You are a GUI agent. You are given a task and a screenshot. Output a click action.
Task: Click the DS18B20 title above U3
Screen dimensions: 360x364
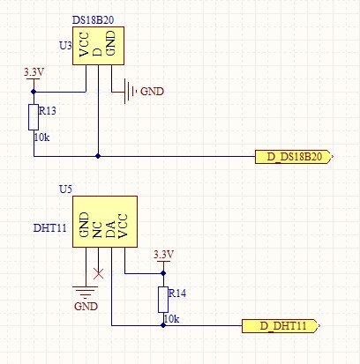(x=93, y=20)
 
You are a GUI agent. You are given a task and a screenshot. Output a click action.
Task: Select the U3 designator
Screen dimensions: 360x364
(x=65, y=46)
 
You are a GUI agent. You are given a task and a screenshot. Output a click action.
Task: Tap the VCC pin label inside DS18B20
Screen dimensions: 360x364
(x=84, y=44)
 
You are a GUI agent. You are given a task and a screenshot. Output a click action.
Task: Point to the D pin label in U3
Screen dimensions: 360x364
(x=97, y=52)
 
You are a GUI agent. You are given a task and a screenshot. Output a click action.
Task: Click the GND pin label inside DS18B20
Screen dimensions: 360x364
(x=110, y=43)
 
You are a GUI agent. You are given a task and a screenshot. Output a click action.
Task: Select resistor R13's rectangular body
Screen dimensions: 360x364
(x=34, y=117)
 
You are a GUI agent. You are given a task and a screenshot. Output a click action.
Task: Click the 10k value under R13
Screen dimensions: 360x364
(x=41, y=137)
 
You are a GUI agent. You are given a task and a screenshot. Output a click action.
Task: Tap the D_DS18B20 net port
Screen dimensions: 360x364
(x=294, y=157)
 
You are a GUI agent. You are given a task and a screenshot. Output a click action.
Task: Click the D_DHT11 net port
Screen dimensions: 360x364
(x=281, y=326)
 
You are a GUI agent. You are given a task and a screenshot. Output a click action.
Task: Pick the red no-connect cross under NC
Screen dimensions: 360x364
(x=98, y=273)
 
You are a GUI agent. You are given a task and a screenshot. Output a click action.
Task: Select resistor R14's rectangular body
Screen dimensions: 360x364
(x=163, y=300)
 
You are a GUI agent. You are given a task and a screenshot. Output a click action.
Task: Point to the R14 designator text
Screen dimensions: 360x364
(x=177, y=293)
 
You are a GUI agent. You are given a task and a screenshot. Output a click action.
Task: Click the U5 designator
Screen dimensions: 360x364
(x=65, y=189)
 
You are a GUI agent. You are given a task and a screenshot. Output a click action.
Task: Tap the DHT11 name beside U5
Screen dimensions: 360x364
(x=50, y=228)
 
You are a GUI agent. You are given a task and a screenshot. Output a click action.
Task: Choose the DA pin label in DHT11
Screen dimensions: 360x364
(x=110, y=230)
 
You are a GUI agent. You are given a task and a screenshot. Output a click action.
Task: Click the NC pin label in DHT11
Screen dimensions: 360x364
(x=97, y=230)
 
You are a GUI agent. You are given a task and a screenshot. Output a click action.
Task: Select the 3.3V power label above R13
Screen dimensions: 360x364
(x=34, y=72)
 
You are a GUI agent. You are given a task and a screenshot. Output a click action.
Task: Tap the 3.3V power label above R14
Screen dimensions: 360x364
(x=163, y=255)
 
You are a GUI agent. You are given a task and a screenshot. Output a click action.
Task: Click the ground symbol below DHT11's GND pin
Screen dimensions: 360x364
(x=86, y=293)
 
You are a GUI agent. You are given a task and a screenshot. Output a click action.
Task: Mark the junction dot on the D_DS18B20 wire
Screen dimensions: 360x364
(x=98, y=156)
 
